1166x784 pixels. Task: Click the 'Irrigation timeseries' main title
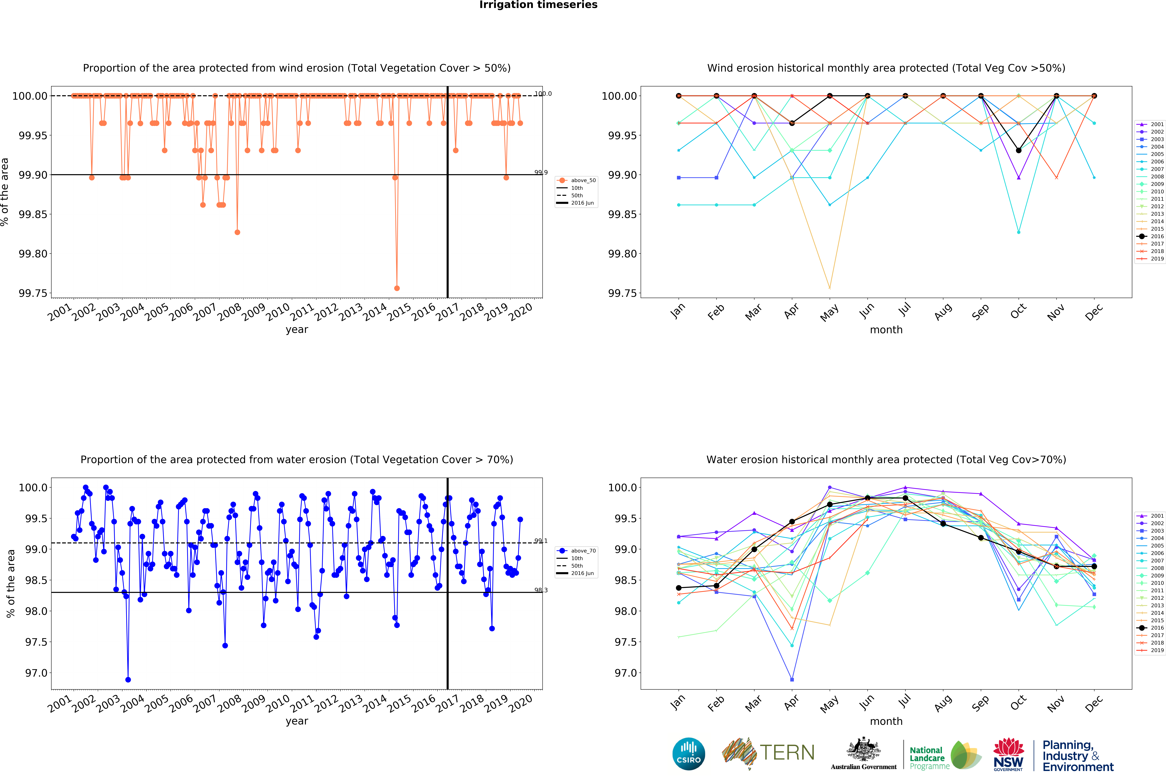[538, 5]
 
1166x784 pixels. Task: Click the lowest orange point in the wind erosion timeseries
[397, 288]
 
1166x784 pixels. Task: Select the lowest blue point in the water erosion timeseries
[128, 680]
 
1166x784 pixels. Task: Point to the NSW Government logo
[1008, 754]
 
